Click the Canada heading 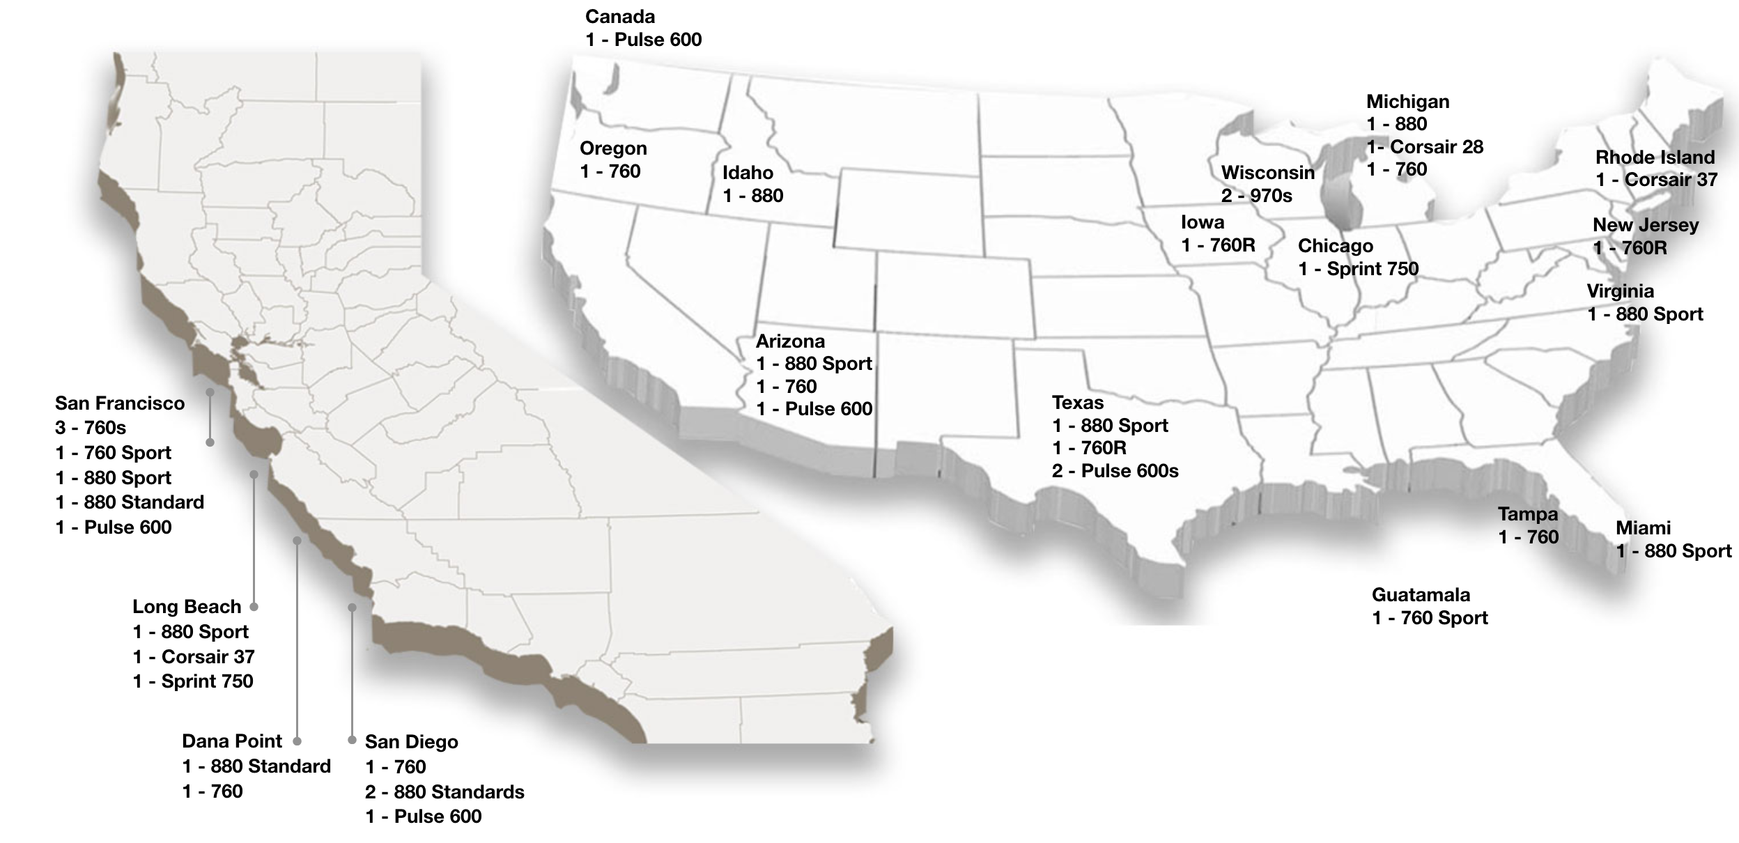coord(620,17)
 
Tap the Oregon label coord(613,148)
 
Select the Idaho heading coord(748,172)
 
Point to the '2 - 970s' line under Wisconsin coord(1256,196)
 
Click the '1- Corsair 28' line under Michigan coord(1424,147)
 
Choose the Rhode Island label coord(1655,157)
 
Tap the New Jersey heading coord(1646,225)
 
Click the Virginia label coord(1620,291)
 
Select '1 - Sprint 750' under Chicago coord(1358,269)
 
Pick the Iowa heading coord(1203,222)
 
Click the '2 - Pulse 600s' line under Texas coord(1115,471)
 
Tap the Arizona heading coord(790,341)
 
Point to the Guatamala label coord(1421,595)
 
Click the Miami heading coord(1643,528)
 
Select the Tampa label coord(1528,514)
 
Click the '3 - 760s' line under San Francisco coord(91,428)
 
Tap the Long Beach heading coord(187,607)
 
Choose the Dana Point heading coord(232,741)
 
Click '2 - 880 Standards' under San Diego coord(445,792)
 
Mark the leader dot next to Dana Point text coord(297,741)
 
